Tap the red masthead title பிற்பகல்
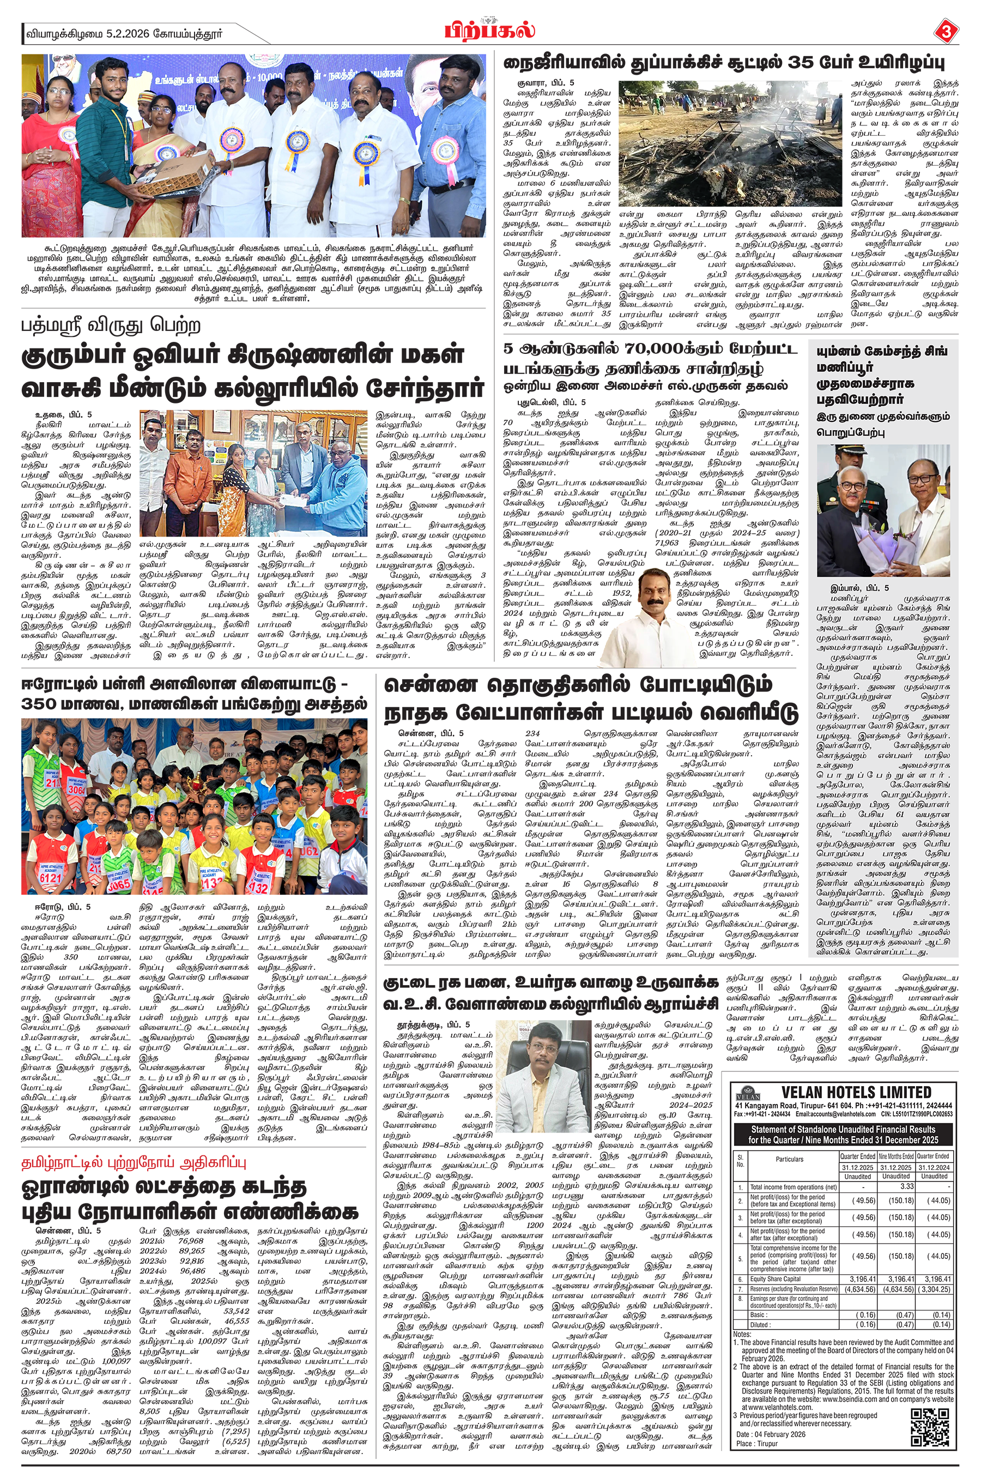pyautogui.click(x=491, y=31)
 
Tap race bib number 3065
pyautogui.click(x=118, y=884)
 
